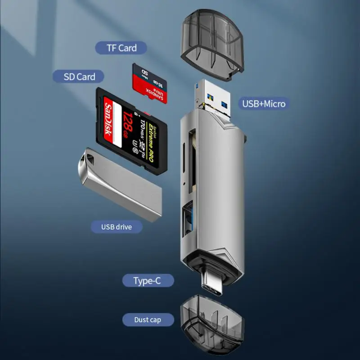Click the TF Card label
click(121, 48)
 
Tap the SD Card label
click(80, 76)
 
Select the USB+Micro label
click(264, 104)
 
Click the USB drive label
click(117, 226)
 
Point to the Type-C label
click(147, 281)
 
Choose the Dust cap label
click(148, 320)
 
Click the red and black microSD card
click(149, 83)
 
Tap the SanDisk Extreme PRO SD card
click(132, 130)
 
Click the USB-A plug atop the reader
click(214, 98)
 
